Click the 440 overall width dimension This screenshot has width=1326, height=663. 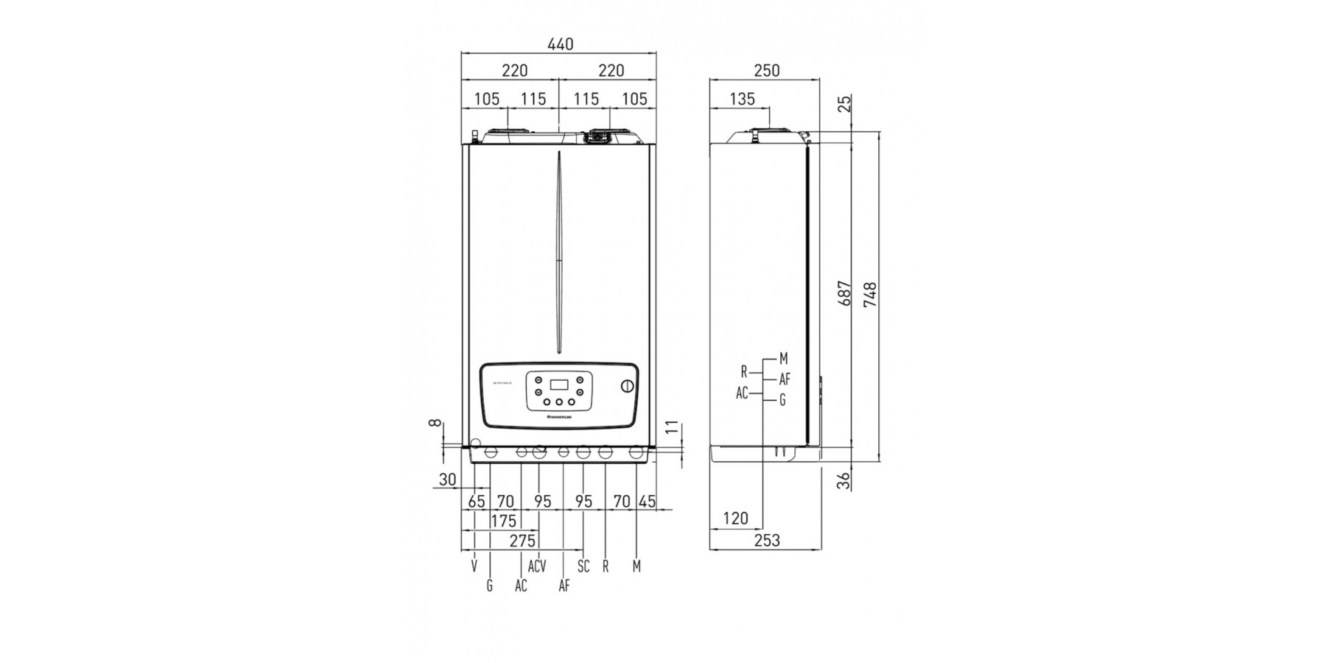tap(560, 44)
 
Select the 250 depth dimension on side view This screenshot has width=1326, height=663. tap(766, 71)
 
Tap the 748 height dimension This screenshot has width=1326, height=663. tap(870, 295)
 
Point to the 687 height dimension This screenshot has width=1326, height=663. tap(845, 293)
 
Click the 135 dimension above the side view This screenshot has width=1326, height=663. tap(742, 99)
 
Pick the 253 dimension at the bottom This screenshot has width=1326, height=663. tap(767, 541)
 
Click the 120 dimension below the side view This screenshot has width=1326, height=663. tap(735, 519)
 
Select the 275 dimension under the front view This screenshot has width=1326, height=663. tap(522, 541)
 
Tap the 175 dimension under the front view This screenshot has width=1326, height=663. tap(503, 522)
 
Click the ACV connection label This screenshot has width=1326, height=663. tap(537, 566)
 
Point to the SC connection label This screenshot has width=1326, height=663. tap(583, 566)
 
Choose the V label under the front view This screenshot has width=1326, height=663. tap(474, 566)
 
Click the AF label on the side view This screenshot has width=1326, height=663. tap(785, 380)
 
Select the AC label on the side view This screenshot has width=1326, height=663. tap(742, 393)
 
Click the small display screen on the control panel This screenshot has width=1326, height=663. tap(559, 385)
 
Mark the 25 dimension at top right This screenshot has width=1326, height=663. tap(845, 102)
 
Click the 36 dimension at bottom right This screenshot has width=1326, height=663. tap(845, 480)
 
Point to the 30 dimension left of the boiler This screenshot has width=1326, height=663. tap(447, 480)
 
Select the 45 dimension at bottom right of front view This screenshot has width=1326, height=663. tap(647, 502)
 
